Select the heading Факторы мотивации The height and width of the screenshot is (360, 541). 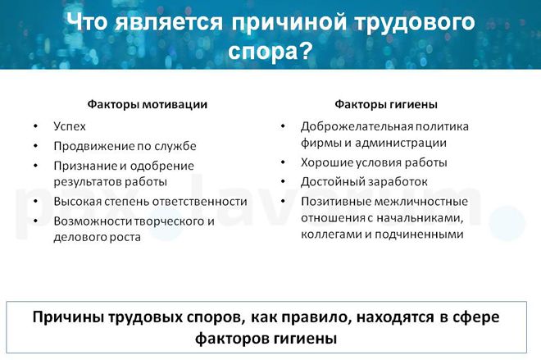click(x=148, y=104)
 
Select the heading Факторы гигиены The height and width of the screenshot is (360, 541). click(x=385, y=104)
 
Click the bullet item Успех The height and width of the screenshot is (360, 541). click(x=70, y=126)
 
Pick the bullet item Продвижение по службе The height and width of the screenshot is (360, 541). click(x=125, y=146)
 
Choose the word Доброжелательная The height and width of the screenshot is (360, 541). click(x=357, y=126)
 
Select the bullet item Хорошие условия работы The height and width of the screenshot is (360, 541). click(x=374, y=162)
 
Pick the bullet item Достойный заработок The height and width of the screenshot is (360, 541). click(x=364, y=181)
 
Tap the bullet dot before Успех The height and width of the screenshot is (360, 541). click(x=35, y=126)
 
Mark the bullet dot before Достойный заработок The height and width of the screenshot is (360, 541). click(x=282, y=181)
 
